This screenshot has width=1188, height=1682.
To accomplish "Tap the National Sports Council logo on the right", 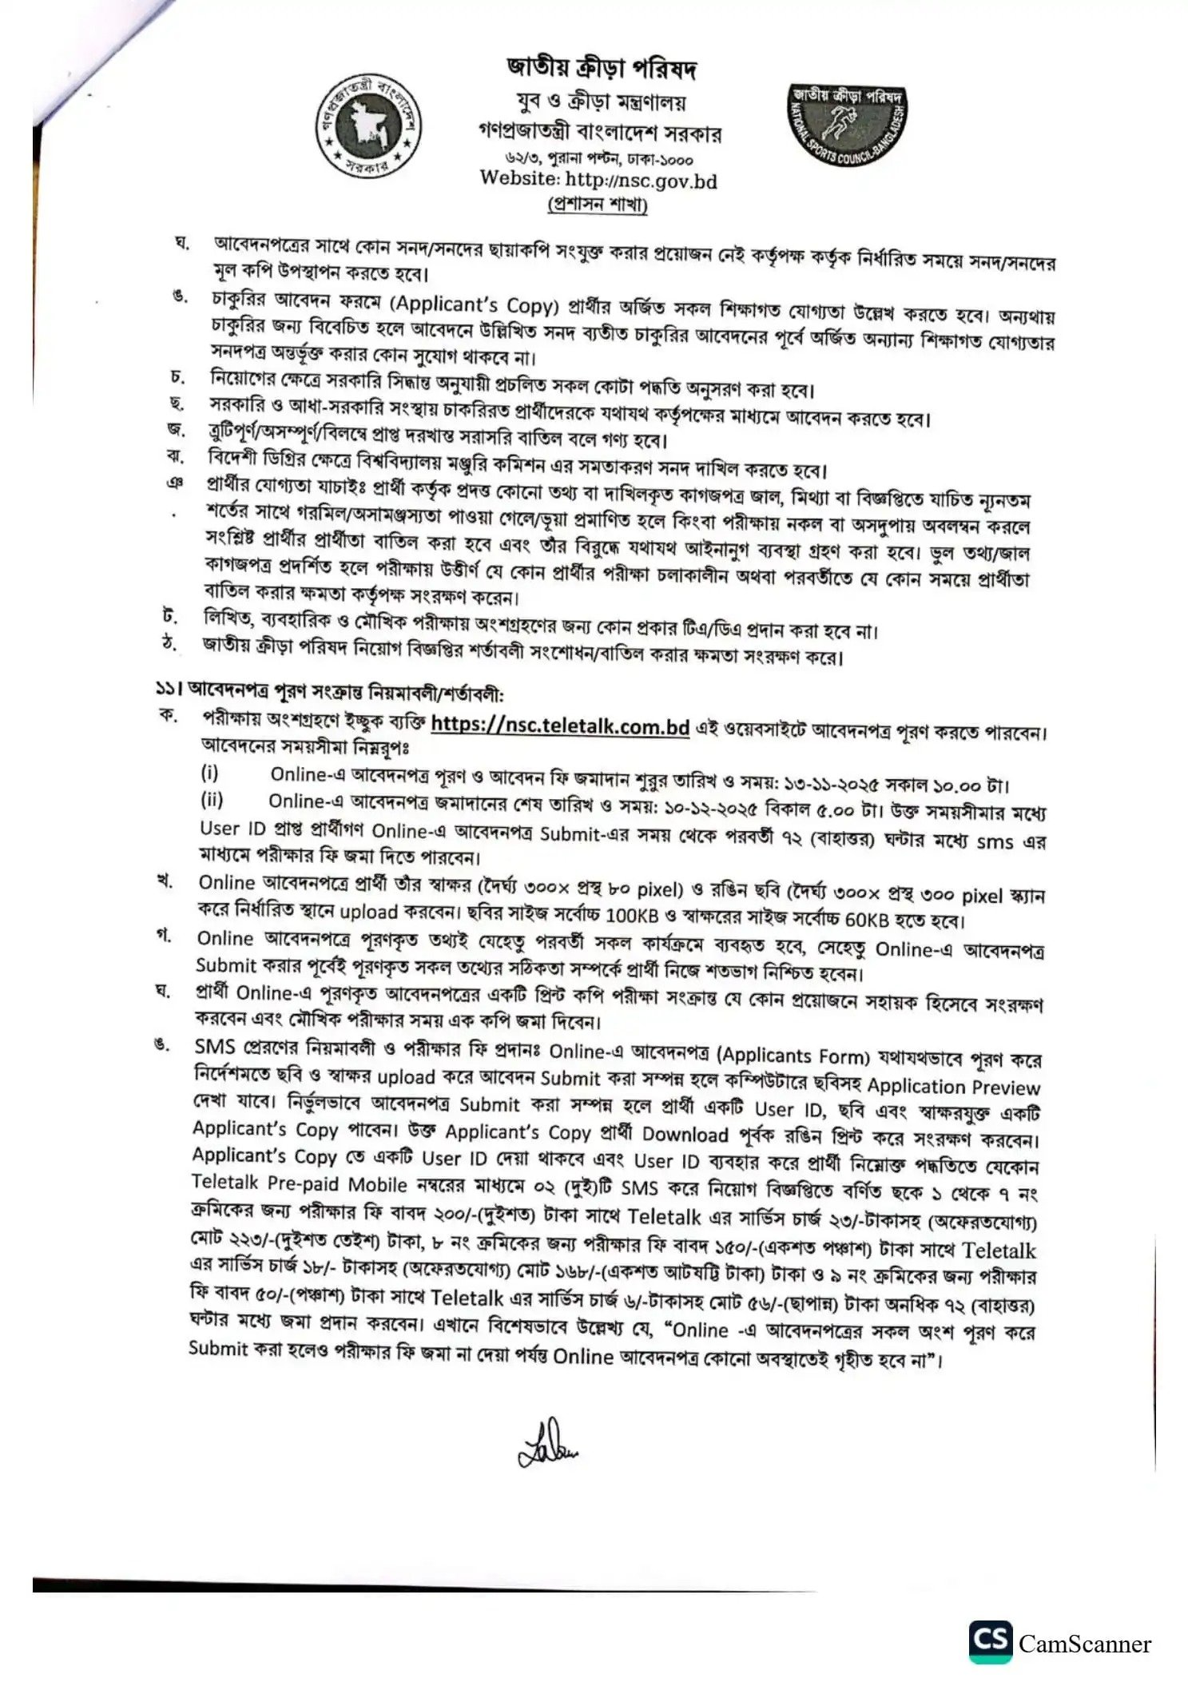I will coord(848,122).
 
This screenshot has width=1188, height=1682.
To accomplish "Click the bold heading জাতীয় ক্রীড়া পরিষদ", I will coord(601,69).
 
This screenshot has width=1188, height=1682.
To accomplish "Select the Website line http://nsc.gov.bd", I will coord(598,180).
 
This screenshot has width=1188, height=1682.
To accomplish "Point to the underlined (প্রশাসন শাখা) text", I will coord(598,205).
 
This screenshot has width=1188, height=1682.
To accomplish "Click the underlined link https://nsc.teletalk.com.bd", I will coord(560,726).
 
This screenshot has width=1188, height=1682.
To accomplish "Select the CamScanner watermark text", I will coord(1084,1644).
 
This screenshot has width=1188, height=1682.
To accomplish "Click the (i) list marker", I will coord(209,773).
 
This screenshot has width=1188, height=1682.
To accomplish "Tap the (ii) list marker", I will coord(212,800).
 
